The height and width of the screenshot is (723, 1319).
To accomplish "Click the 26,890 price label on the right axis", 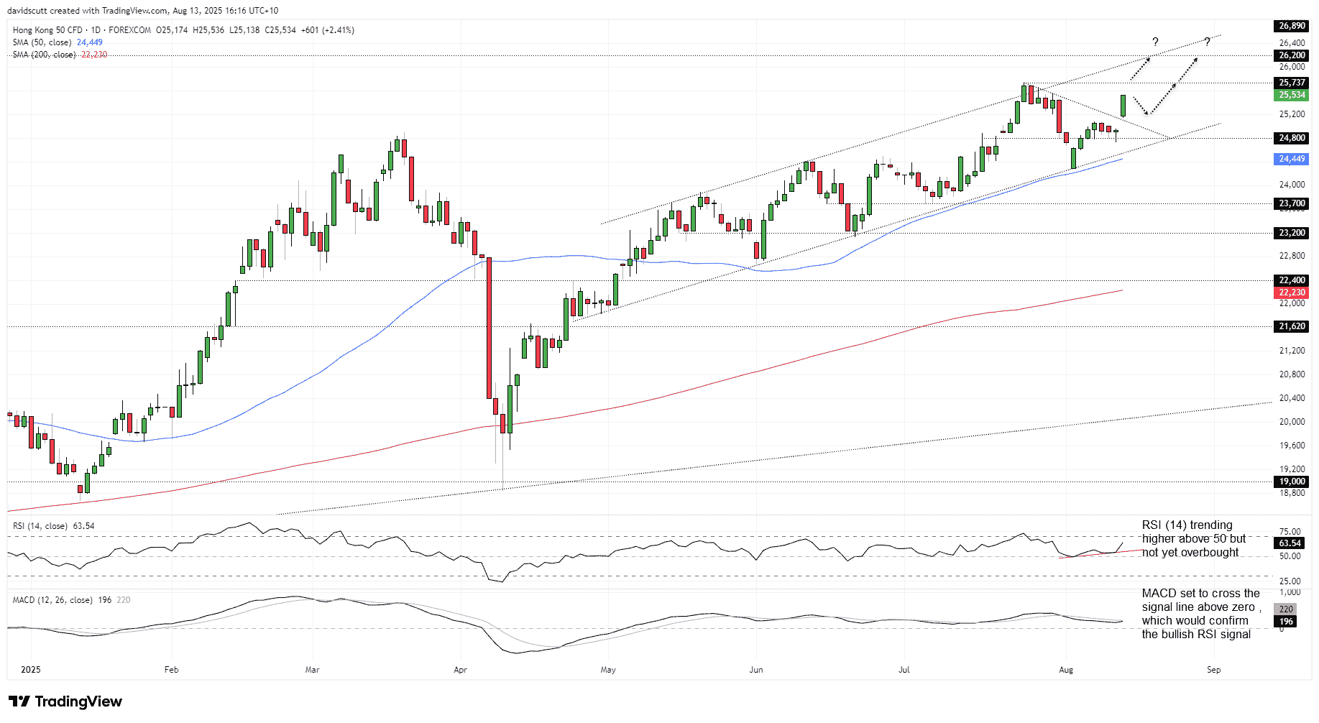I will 1292,26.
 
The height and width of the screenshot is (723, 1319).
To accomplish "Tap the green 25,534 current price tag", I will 1292,95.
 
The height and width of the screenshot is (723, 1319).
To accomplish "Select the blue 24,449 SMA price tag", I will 1292,159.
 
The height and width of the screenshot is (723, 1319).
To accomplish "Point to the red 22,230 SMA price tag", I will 1292,293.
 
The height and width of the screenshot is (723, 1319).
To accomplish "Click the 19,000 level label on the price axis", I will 1292,482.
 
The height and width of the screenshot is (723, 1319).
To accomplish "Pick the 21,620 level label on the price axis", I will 1292,326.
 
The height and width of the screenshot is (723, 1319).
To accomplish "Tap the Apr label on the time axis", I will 461,670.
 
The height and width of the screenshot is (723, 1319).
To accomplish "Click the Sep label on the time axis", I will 1213,670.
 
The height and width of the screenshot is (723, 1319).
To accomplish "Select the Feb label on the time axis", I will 171,670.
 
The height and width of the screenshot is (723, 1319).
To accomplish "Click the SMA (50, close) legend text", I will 42,42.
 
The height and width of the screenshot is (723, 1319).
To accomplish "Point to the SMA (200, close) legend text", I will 44,55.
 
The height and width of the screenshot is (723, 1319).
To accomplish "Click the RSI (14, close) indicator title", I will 40,526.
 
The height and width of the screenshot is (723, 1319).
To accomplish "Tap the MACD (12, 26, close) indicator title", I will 52,600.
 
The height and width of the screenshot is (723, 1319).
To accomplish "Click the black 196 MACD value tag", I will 1286,622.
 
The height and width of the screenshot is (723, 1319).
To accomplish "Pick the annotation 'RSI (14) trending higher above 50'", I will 1194,538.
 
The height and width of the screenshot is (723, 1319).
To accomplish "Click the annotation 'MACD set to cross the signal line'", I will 1200,613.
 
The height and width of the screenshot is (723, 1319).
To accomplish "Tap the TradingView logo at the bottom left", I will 65,701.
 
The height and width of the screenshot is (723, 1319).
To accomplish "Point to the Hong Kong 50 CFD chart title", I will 47,30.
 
